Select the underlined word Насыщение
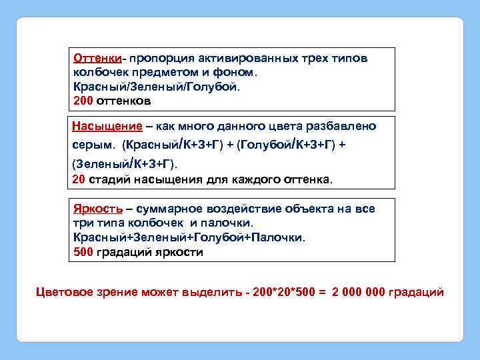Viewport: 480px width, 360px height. [x=107, y=126]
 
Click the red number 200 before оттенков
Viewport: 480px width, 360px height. [x=83, y=101]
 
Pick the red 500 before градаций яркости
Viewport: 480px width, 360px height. [x=83, y=252]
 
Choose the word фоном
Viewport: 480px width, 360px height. [x=241, y=72]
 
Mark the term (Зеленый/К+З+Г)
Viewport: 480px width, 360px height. [x=125, y=163]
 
